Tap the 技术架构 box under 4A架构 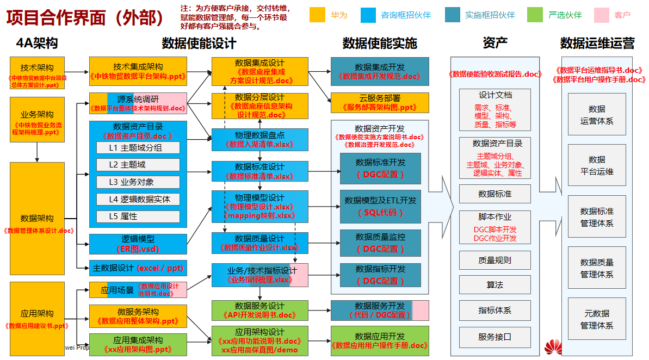[37, 73]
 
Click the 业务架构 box [37, 120]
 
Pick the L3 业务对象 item [138, 182]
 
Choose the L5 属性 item [138, 216]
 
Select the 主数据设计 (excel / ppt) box [138, 268]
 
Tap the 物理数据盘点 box [260, 140]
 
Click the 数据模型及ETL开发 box [380, 206]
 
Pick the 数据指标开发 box [380, 275]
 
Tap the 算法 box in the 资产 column [495, 284]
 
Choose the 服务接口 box [495, 337]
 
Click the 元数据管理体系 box [597, 319]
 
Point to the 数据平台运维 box [597, 165]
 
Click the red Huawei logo [553, 347]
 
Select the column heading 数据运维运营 [597, 43]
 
